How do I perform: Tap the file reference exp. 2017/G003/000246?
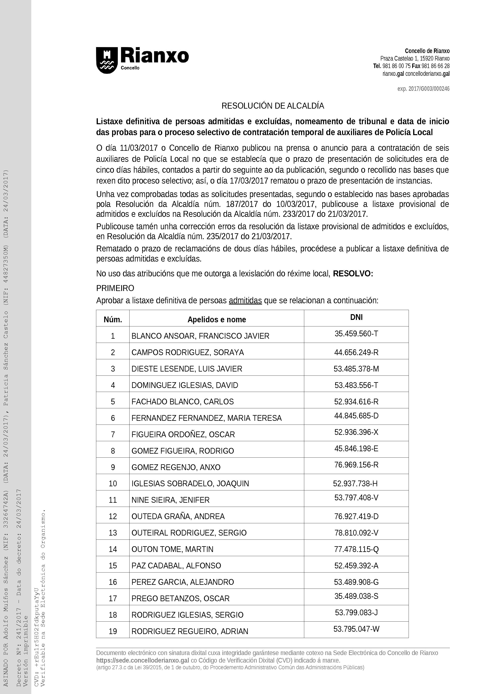tap(423, 89)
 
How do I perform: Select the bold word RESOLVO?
tap(352, 274)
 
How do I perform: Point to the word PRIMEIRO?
tap(115, 288)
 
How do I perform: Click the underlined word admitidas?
tap(245, 301)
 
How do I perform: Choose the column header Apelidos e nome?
tap(217, 320)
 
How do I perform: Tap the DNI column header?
tap(356, 317)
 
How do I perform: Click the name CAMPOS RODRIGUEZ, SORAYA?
tap(188, 353)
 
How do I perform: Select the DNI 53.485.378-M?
tap(356, 369)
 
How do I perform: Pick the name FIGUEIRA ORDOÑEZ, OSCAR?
tap(183, 434)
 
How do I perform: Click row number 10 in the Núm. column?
tap(113, 484)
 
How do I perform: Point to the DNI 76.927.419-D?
tap(356, 516)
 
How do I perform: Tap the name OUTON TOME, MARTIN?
tap(173, 549)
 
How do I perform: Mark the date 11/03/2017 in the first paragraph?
tap(139, 148)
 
